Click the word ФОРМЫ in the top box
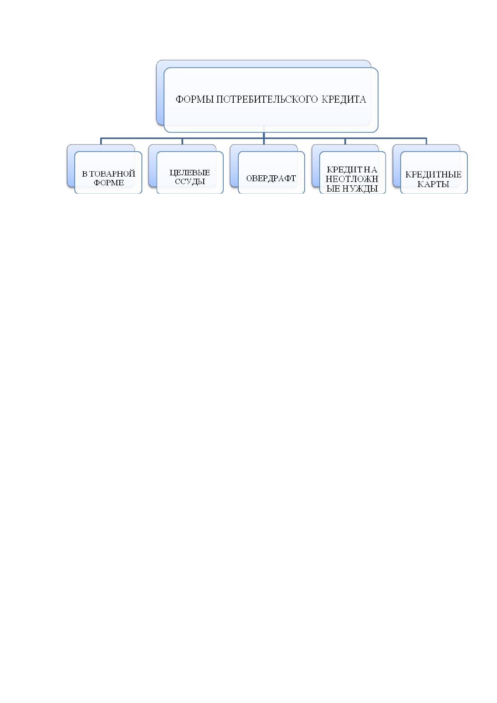tap(195, 99)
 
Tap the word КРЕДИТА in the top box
tap(344, 99)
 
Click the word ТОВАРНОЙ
tap(112, 174)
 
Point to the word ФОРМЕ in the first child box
tap(109, 183)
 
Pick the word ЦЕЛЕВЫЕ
tap(190, 172)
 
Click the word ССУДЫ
tap(190, 182)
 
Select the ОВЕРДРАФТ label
tap(271, 179)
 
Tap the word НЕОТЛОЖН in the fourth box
tap(352, 179)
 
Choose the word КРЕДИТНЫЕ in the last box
tap(433, 174)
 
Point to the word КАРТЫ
tap(433, 184)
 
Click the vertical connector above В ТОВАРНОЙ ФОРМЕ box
tap(101, 141)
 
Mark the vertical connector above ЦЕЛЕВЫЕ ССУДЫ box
tap(182, 141)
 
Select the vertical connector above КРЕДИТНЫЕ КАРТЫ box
tap(426, 141)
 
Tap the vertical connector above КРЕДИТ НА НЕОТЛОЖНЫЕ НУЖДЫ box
tap(345, 141)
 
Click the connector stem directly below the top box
tap(264, 135)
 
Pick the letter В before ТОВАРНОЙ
tap(85, 174)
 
